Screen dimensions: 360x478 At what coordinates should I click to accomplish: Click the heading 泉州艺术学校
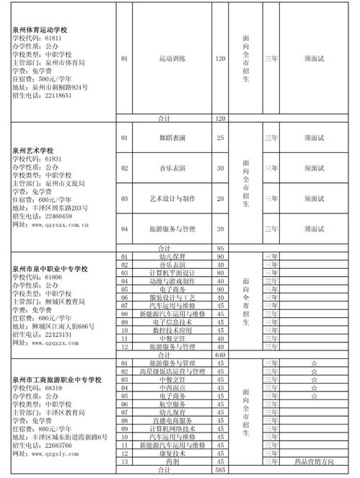point(35,150)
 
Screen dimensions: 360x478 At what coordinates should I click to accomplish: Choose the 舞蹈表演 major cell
point(172,137)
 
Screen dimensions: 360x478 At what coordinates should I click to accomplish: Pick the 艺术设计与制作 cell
point(172,198)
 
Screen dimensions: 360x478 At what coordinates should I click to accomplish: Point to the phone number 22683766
point(53,445)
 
